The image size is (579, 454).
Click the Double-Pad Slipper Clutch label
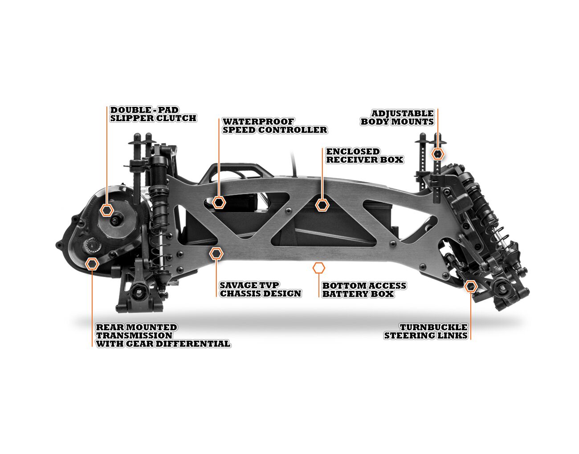153,114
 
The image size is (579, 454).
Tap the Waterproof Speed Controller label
275,126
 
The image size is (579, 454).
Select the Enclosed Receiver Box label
365,155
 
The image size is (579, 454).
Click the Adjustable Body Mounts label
397,118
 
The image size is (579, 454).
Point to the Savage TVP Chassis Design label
260,289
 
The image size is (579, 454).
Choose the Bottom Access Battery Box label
364,290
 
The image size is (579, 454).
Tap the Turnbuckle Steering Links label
425,331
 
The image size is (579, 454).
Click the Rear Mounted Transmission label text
163,335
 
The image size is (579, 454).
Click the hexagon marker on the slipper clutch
106,210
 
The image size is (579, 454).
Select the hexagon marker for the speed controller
219,202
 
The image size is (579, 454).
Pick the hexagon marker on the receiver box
322,205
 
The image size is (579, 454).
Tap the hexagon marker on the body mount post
438,154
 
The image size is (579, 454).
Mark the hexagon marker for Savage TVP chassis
216,254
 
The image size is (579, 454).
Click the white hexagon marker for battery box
319,268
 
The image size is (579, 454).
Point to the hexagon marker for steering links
471,286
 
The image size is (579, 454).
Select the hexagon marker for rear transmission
92,264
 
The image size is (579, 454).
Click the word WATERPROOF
258,122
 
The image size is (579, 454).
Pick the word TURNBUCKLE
433,327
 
